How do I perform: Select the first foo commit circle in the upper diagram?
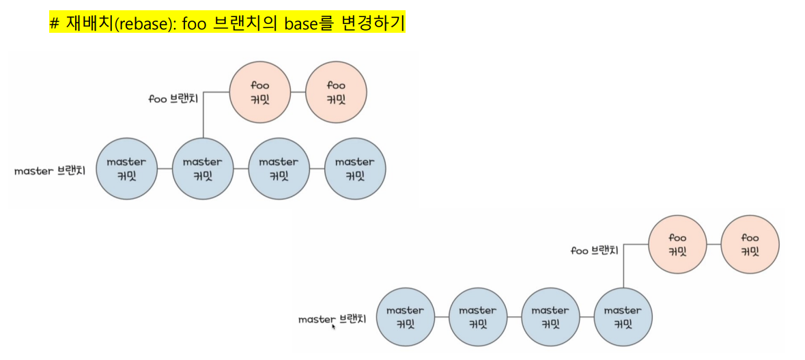tap(260, 92)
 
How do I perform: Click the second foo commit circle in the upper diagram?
tap(336, 92)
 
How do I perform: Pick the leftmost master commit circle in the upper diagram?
tap(126, 169)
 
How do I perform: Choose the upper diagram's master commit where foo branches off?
tap(203, 169)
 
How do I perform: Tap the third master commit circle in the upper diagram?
tap(279, 169)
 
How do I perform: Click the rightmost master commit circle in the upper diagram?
tap(355, 169)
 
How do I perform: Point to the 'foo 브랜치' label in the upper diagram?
tap(173, 98)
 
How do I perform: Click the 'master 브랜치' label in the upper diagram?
tap(50, 171)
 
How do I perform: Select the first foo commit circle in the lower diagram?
tap(677, 245)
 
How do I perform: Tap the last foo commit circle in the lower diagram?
tap(750, 245)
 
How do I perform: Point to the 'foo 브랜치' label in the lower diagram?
tap(595, 251)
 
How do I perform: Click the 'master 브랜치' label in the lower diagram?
tap(333, 319)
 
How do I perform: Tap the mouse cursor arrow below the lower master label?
tap(333, 327)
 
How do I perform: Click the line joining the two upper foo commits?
tap(298, 92)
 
